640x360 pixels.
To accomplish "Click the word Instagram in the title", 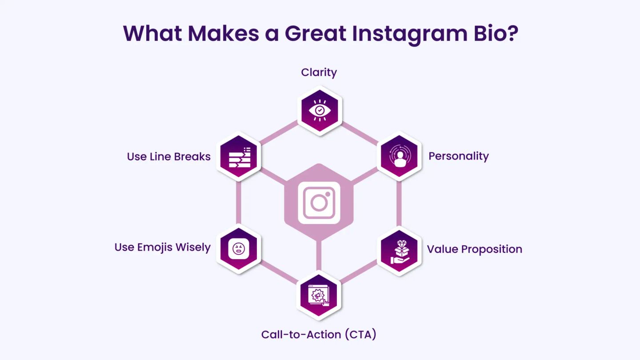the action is pos(410,34).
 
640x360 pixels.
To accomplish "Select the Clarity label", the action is pos(319,72).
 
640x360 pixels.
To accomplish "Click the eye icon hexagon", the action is pos(320,111).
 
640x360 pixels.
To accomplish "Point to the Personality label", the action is pos(459,156).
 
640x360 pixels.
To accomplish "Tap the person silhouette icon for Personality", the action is pos(400,156).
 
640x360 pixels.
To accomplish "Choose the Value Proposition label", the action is pos(475,249).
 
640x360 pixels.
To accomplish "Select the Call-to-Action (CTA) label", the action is pos(319,334).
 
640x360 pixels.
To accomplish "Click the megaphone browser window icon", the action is pos(319,296).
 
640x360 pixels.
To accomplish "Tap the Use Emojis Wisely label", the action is pos(162,248).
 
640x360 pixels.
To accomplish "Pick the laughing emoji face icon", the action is pos(239,248).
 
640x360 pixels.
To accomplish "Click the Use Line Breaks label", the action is pos(168,156).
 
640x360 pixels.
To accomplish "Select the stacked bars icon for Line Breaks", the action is pos(240,157).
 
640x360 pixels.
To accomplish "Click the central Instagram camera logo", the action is pos(319,203).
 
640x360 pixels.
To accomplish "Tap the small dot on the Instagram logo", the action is pos(328,194).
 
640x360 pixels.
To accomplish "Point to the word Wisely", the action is pos(193,248).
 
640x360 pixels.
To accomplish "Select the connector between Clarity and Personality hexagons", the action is pos(360,133).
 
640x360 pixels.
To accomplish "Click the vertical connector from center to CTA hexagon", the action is pos(319,255).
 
